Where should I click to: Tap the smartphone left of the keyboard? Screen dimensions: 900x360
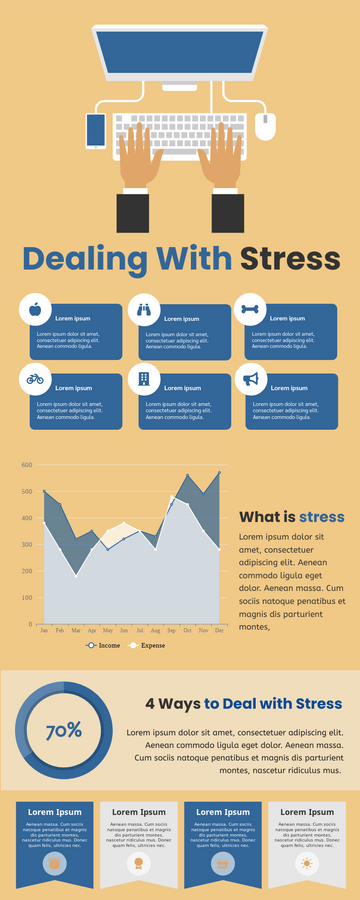click(96, 130)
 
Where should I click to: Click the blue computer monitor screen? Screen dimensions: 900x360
click(180, 54)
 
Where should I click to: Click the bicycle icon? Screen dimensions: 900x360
click(35, 379)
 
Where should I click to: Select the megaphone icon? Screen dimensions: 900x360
click(250, 379)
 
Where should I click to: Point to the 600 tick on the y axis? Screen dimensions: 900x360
click(26, 465)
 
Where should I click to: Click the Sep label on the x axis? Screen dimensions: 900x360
click(171, 631)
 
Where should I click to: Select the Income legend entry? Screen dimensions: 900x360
click(104, 646)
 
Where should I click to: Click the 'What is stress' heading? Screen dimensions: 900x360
click(291, 517)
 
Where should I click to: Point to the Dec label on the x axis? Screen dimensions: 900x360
click(219, 631)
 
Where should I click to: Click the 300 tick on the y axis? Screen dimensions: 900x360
click(26, 545)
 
